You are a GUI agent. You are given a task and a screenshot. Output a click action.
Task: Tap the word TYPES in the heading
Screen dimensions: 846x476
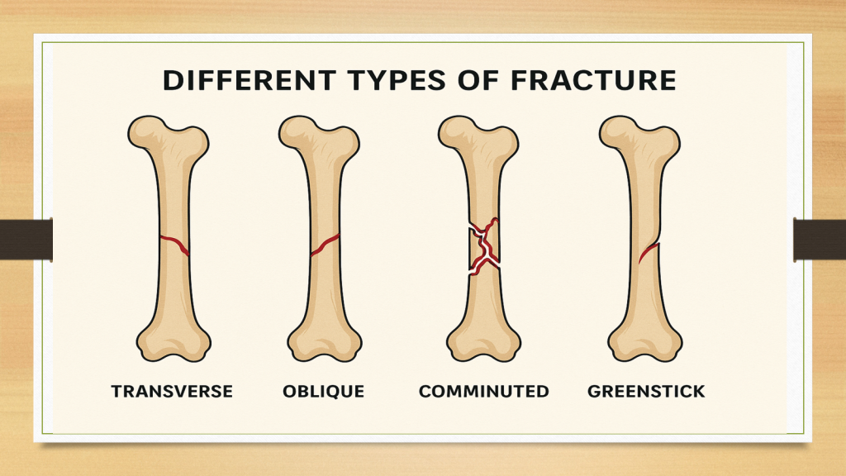[x=397, y=80]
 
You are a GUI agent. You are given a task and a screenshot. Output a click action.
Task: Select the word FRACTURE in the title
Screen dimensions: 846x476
[x=593, y=80]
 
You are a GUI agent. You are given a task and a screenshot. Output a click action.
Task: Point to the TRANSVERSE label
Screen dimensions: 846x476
[x=172, y=391]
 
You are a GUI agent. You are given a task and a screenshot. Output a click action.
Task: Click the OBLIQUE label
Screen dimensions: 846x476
[x=324, y=391]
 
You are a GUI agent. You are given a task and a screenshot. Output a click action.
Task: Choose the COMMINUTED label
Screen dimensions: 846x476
[x=484, y=391]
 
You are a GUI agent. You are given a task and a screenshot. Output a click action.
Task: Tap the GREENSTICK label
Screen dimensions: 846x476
[x=646, y=391]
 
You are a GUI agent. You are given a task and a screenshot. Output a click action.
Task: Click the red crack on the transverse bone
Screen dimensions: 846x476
[x=174, y=244]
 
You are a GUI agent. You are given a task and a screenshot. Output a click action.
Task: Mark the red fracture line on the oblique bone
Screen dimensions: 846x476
[x=325, y=245]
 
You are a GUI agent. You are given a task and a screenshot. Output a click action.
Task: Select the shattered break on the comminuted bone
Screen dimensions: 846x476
[x=483, y=246]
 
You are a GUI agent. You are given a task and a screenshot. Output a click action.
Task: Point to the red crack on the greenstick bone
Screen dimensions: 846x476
[x=649, y=252]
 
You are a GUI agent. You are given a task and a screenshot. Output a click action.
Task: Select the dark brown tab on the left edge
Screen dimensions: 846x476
[x=26, y=240]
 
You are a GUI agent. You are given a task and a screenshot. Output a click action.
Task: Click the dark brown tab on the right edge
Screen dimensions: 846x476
[x=820, y=240]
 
